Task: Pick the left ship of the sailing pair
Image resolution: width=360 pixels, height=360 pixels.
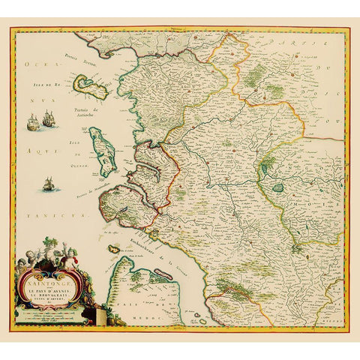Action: [x=33, y=121]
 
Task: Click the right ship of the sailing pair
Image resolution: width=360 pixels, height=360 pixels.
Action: [x=49, y=118]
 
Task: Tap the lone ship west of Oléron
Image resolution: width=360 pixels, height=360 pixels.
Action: [x=49, y=183]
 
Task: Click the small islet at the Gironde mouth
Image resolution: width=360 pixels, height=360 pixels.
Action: [x=115, y=249]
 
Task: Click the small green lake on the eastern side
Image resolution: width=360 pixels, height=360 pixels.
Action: [x=279, y=188]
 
